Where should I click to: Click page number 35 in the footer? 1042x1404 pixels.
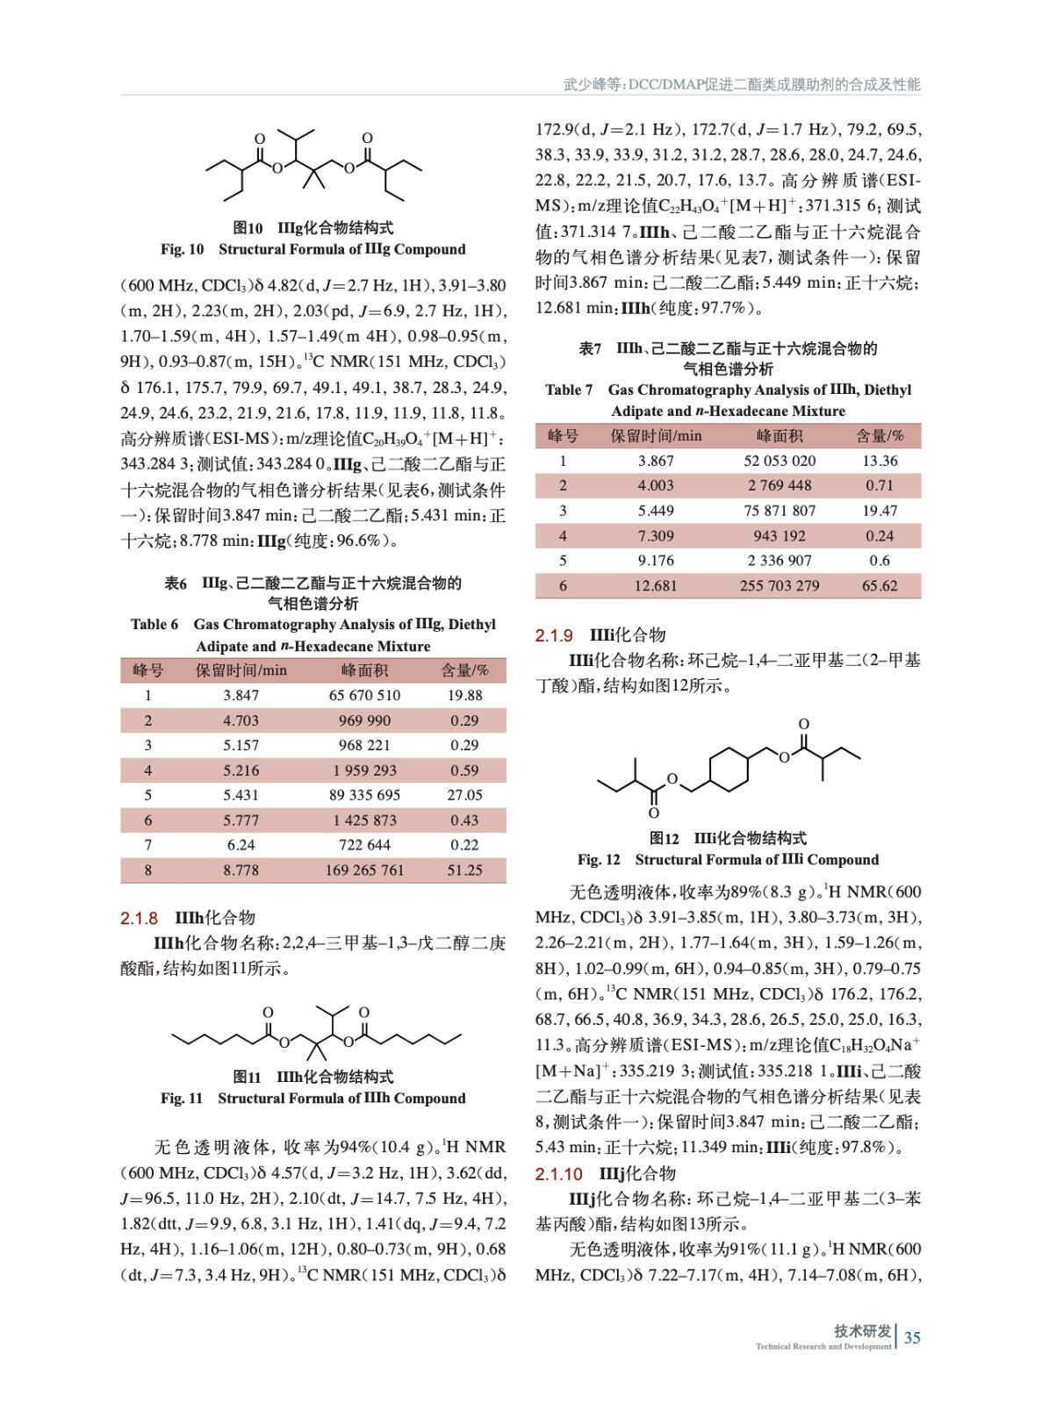(912, 1337)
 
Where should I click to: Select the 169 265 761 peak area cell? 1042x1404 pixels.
(364, 870)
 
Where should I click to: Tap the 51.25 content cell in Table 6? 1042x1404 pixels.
(464, 870)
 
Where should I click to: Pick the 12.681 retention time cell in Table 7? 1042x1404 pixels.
(656, 585)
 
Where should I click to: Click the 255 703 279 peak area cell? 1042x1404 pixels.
(780, 585)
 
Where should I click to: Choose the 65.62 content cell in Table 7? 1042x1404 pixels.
(880, 585)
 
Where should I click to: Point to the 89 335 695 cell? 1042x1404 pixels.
(364, 795)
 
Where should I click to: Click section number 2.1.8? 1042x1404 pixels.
(139, 918)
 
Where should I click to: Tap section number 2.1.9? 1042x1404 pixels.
(554, 635)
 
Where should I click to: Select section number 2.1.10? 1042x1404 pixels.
(559, 1174)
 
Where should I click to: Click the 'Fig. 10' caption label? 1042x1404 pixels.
(182, 249)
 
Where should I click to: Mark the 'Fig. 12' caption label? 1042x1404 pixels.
(599, 860)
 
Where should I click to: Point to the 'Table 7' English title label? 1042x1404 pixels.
(569, 390)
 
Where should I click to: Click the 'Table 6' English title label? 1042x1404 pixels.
(155, 625)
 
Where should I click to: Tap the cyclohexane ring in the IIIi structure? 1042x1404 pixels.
(728, 768)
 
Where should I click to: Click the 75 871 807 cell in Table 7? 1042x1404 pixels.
(780, 511)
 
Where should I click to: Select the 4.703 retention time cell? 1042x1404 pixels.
(241, 720)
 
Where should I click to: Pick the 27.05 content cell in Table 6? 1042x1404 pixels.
(464, 795)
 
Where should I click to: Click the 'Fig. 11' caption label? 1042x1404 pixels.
(182, 1099)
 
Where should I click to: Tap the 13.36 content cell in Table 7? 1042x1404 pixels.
(880, 461)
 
